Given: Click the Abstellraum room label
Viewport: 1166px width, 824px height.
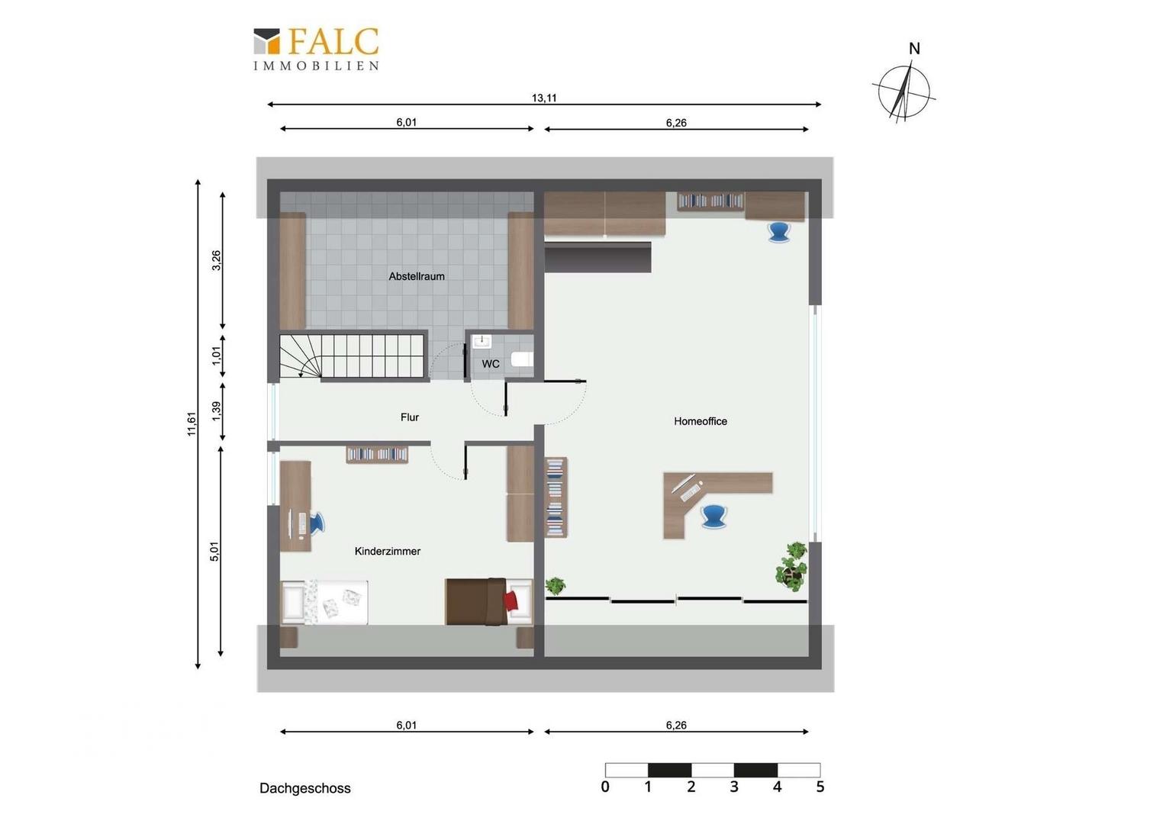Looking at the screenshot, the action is point(417,276).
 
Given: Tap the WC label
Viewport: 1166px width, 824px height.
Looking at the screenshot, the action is point(491,364).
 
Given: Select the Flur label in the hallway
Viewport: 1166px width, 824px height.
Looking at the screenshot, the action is point(410,417).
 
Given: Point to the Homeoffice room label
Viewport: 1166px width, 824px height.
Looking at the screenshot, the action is point(700,421).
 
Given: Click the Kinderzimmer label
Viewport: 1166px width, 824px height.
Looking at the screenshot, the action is point(388,552).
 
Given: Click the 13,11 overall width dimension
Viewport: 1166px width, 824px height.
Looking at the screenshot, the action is point(544,98).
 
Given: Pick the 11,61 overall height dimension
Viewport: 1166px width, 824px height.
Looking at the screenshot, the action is point(192,423).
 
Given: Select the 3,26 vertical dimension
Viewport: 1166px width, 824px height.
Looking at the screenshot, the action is point(217,260).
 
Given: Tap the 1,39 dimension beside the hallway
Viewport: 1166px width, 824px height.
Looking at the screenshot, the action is point(217,411).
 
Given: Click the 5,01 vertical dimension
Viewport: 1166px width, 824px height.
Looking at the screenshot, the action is point(214,552).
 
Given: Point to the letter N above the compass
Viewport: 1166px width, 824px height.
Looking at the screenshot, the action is point(914,49).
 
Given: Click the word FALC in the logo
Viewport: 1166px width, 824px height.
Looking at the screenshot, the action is point(333,42).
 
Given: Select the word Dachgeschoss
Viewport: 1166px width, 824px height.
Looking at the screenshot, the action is point(305,788).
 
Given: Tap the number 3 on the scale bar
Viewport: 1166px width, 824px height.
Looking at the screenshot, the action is point(734,787).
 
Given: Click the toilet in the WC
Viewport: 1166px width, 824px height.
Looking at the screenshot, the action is point(522,359).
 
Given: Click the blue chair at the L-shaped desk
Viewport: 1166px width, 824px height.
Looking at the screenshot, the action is point(713,517).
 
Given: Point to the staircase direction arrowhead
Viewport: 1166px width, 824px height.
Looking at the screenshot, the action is point(301,373).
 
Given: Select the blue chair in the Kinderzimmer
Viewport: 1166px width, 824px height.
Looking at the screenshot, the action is point(317,523).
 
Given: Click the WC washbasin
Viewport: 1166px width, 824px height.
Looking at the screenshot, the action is point(482,342).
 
